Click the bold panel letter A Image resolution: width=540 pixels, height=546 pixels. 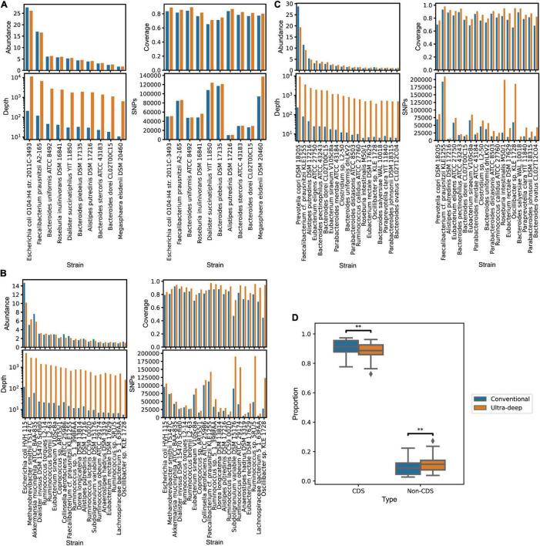coord(5,5)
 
